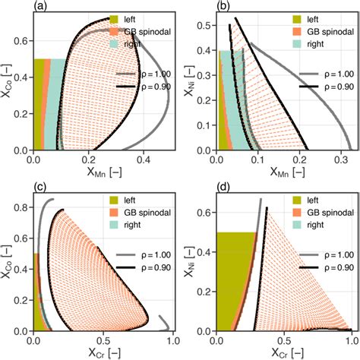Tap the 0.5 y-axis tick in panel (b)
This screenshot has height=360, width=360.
pos(204,27)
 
